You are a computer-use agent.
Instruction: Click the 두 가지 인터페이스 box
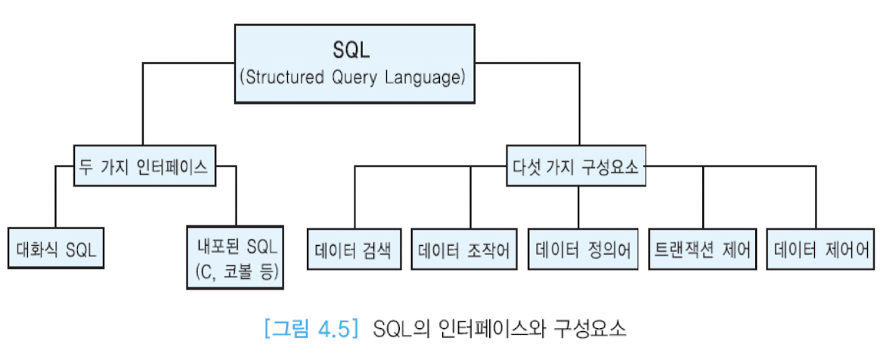click(x=144, y=169)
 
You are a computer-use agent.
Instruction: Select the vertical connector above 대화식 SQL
click(x=55, y=197)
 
